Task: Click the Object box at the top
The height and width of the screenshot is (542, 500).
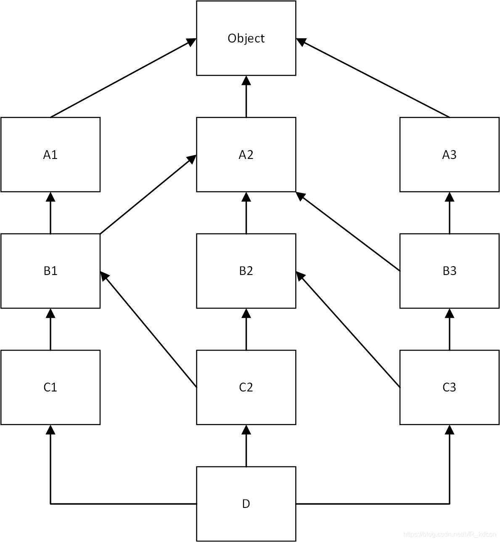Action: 246,38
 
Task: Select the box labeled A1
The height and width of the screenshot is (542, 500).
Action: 50,155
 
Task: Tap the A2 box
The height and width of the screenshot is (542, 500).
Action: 246,155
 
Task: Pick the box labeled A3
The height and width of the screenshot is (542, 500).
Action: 449,155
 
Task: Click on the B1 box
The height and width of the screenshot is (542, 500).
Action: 50,271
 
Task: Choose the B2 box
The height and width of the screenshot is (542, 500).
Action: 246,271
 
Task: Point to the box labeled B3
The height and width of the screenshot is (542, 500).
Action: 449,271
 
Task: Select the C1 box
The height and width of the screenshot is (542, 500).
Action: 50,387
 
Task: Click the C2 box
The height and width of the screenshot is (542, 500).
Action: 246,387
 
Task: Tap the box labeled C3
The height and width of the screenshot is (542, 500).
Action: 449,387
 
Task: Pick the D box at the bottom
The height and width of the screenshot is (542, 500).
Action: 246,504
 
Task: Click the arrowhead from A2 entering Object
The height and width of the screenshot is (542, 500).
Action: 246,81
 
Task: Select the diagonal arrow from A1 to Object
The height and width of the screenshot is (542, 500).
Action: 122,78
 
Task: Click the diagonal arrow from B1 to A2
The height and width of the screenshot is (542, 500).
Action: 147,195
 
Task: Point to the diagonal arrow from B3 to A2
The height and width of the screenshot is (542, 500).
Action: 348,232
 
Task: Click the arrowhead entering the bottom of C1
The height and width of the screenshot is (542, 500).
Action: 50,430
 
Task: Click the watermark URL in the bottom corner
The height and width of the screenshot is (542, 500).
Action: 450,534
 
